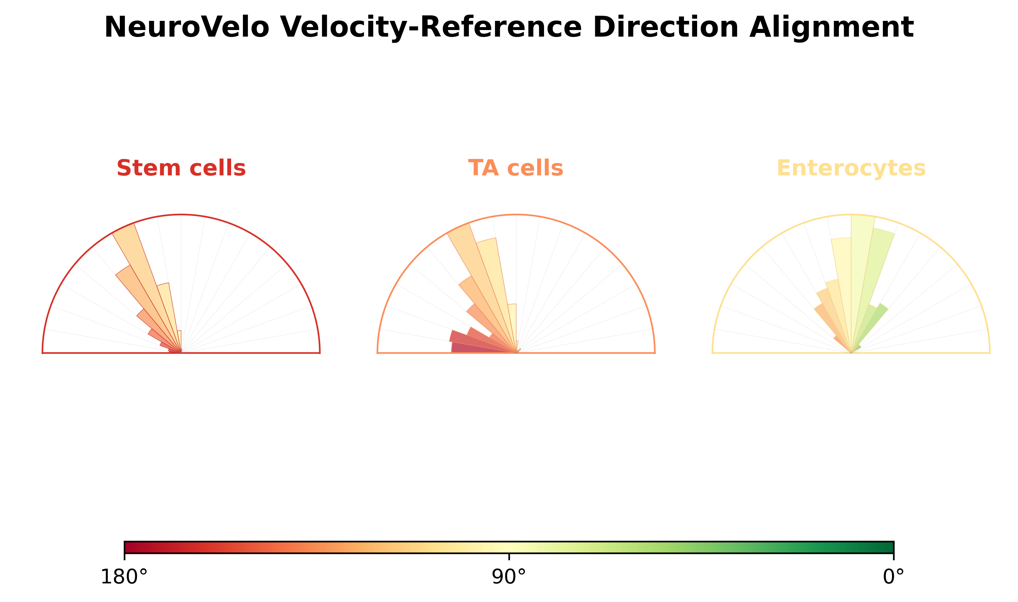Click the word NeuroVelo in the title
(x=187, y=27)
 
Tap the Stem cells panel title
(x=181, y=168)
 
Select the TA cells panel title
(x=516, y=168)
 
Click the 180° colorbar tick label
(x=124, y=577)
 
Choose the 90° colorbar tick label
(x=509, y=577)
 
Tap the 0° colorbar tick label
(x=893, y=577)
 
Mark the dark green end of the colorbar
(x=892, y=547)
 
